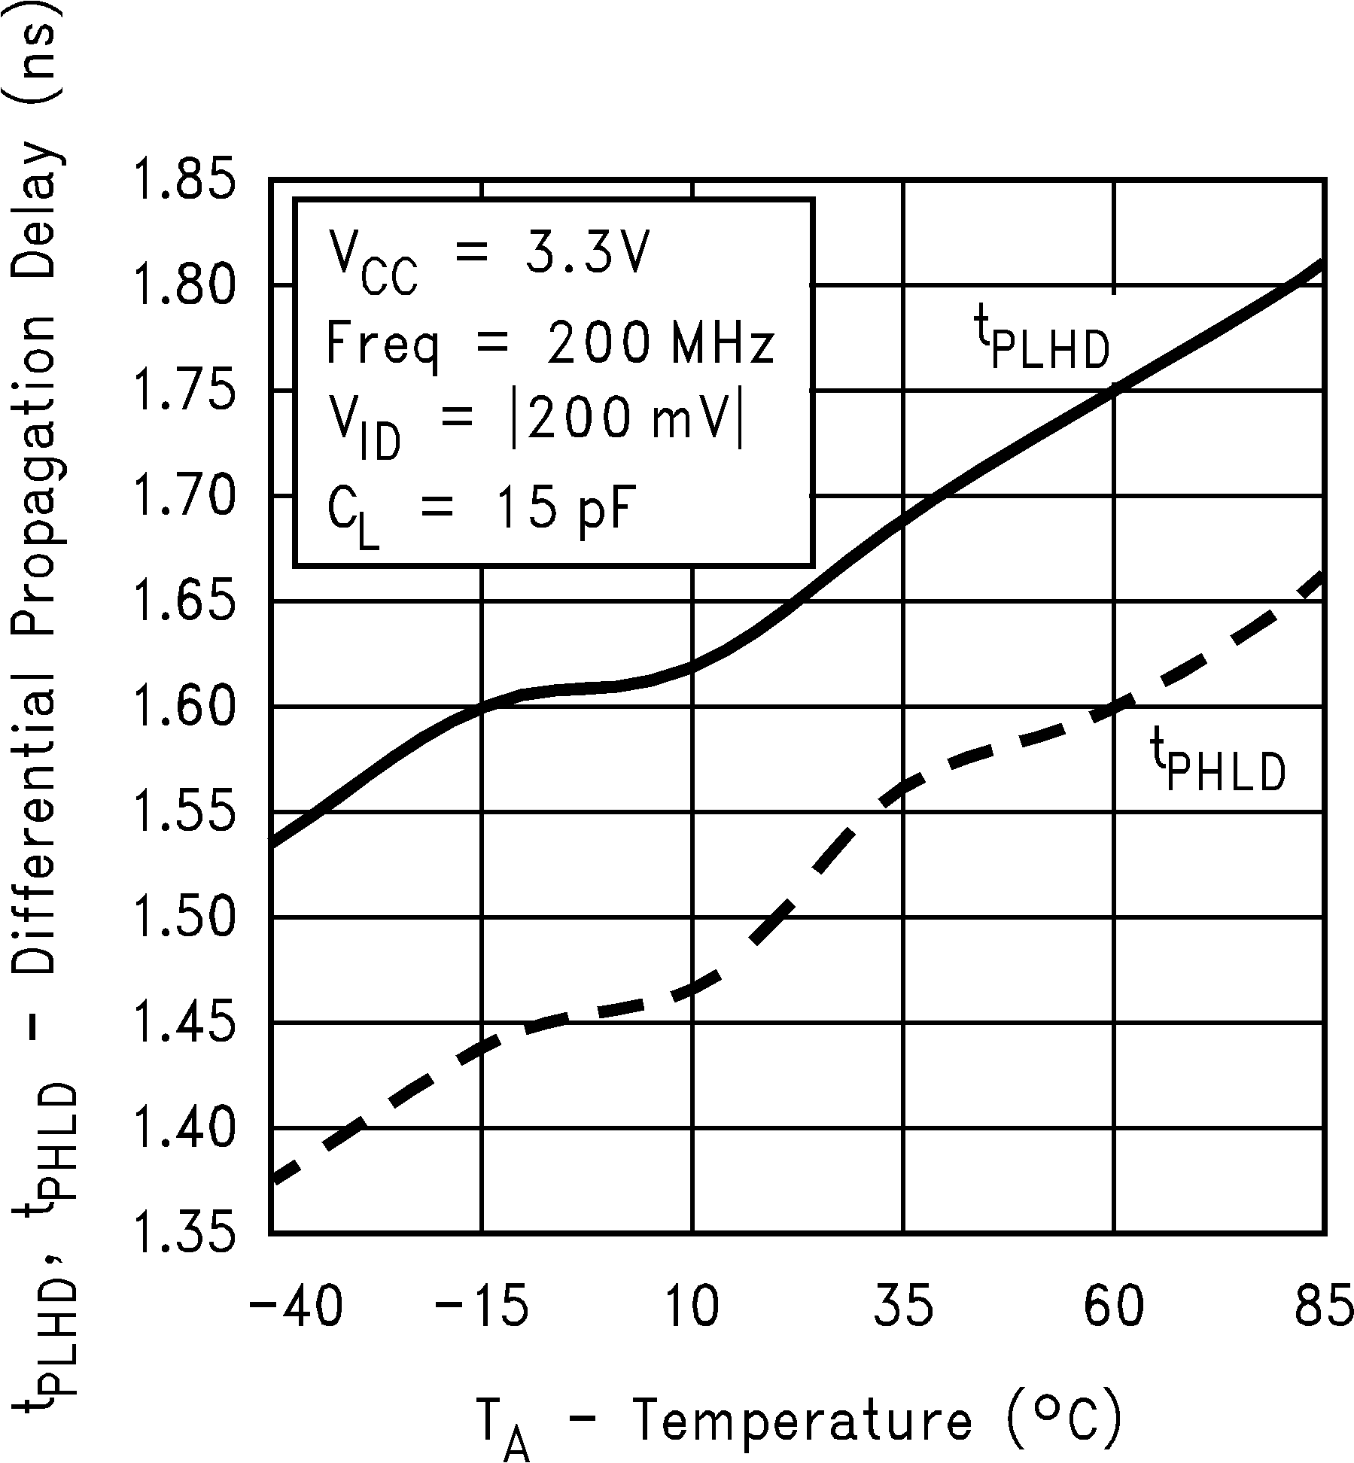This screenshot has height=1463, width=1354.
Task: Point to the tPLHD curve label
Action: point(1042,343)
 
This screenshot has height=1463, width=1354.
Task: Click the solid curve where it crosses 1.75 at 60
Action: point(1114,390)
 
